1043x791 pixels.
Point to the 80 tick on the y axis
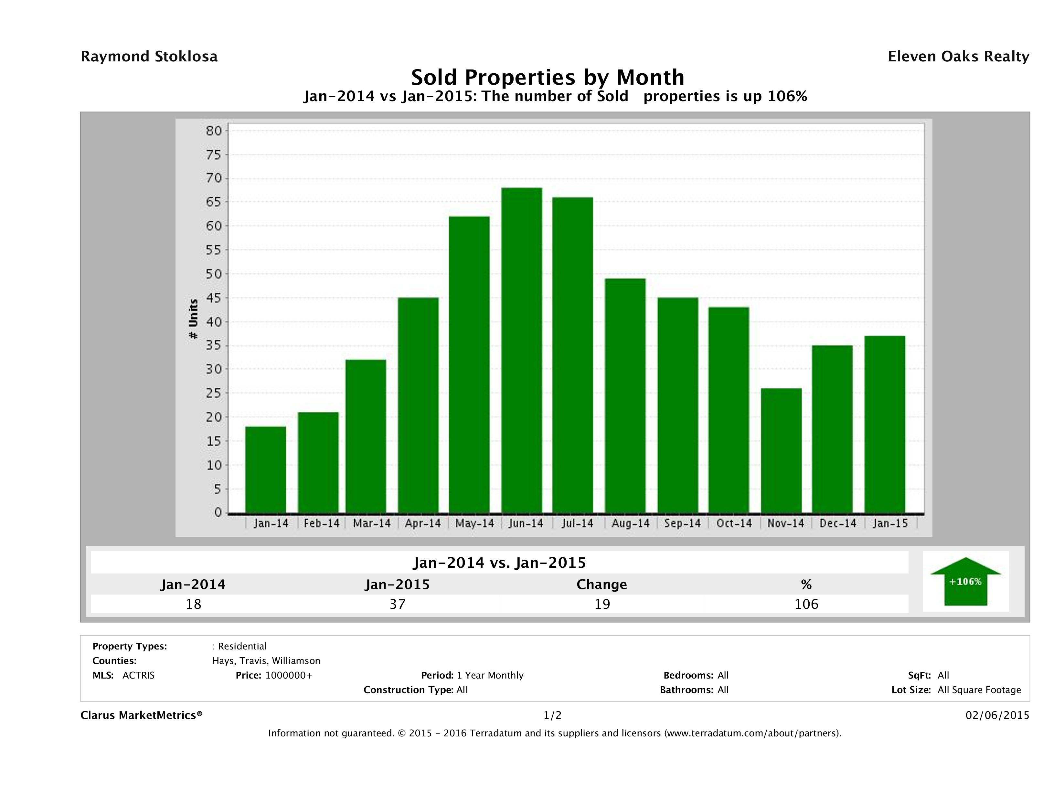point(214,131)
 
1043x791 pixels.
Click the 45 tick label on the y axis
point(214,298)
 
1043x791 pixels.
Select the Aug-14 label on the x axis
point(630,523)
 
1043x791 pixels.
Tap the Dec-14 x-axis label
point(837,523)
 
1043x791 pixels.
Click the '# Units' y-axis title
point(193,319)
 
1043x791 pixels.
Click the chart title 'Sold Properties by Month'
point(548,77)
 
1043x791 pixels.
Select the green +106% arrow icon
point(965,581)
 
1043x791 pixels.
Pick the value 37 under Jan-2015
point(398,604)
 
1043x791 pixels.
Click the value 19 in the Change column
point(602,604)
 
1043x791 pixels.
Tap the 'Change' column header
point(602,585)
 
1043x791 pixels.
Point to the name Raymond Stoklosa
point(149,57)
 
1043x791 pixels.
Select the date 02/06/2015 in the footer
point(997,715)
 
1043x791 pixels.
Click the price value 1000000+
point(289,675)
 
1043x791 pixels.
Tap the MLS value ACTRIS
point(138,675)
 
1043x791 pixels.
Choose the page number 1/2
point(552,715)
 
